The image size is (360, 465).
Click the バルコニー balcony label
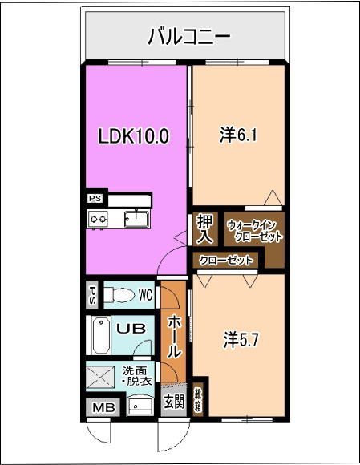pos(189,37)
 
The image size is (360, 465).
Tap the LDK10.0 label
pos(134,136)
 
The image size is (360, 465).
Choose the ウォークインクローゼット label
pos(254,231)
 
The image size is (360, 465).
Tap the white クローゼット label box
pos(226,261)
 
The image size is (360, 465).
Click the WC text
pos(145,294)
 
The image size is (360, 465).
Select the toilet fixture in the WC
pos(123,294)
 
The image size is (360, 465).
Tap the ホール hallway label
pos(174,336)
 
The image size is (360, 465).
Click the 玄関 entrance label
pos(173,402)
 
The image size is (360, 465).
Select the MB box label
pos(103,409)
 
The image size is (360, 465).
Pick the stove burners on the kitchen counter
pos(98,218)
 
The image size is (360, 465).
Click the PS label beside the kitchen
pos(95,199)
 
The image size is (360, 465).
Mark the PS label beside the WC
pos(93,293)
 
